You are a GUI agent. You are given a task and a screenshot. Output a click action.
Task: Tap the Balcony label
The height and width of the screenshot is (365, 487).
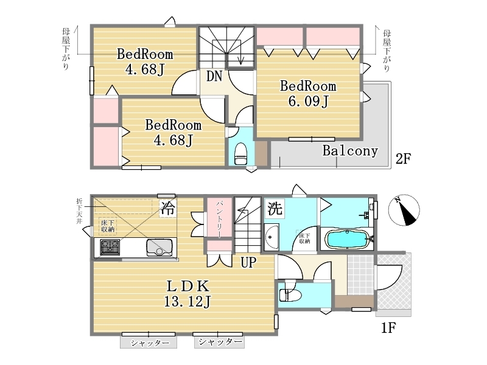pos(350,151)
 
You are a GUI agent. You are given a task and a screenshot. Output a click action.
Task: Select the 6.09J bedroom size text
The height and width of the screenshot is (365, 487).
pos(308,102)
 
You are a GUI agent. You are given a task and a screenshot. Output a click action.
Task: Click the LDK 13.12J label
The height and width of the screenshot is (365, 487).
pos(187,292)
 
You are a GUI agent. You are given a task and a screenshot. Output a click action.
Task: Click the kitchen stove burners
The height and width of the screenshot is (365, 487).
pos(110,246)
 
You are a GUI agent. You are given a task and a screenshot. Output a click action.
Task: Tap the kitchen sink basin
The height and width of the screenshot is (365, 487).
pos(159,247)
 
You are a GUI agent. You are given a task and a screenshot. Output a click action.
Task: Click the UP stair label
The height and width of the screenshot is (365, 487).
pos(247,263)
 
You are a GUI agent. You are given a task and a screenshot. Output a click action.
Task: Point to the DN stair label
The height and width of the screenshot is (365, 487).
pos(213,76)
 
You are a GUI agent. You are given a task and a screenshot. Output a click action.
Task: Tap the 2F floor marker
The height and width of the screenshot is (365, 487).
pos(404,159)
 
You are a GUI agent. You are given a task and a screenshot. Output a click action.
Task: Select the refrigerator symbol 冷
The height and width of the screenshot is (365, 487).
pos(167,209)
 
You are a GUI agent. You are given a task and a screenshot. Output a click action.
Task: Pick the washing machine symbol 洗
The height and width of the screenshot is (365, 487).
pos(276,209)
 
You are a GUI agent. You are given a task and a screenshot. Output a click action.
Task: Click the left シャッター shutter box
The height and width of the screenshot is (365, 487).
pos(149,343)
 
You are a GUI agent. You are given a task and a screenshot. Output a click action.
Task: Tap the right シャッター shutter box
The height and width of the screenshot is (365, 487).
pos(219,342)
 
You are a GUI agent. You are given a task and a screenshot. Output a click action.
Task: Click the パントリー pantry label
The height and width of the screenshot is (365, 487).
pos(219,218)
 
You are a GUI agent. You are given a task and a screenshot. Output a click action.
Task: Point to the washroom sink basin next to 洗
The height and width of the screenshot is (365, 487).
pos(272,236)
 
